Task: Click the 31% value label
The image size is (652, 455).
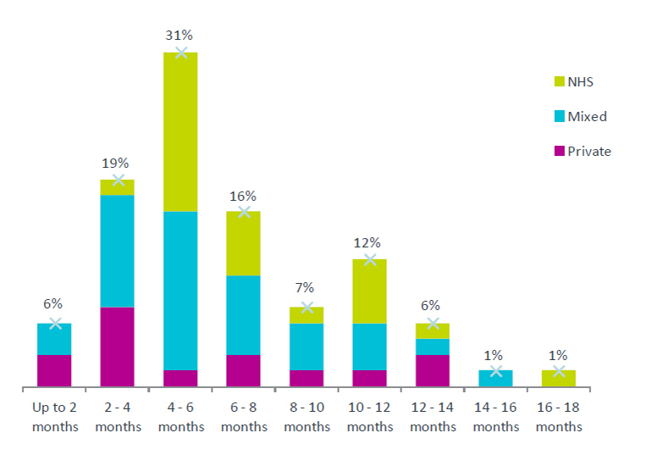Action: [x=179, y=36]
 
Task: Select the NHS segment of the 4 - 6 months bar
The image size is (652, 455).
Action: [x=180, y=132]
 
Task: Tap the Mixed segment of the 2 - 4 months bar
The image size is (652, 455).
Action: [x=117, y=251]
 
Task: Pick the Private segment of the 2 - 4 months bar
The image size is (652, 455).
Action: [x=117, y=347]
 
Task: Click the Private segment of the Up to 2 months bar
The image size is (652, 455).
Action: [x=54, y=370]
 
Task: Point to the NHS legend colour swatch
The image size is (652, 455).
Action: [x=559, y=81]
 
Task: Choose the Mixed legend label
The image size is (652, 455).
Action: [x=587, y=116]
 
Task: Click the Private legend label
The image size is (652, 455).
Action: [x=589, y=152]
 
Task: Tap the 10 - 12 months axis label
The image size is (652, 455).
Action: [x=370, y=417]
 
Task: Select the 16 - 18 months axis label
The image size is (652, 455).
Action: [x=559, y=417]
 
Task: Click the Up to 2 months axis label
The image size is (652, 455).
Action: [x=55, y=417]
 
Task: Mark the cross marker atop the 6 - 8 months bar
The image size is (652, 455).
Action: [x=244, y=212]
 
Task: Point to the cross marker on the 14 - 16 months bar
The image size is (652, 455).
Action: [x=495, y=370]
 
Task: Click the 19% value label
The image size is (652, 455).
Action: [x=115, y=163]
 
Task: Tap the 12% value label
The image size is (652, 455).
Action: [x=367, y=243]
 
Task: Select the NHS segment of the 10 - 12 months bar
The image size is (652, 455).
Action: [x=369, y=291]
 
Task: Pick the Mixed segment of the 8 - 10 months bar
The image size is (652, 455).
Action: [x=307, y=347]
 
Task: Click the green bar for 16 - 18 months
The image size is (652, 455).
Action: [x=559, y=379]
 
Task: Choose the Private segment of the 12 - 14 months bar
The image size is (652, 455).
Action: [x=433, y=370]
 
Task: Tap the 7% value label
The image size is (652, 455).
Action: [x=304, y=288]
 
